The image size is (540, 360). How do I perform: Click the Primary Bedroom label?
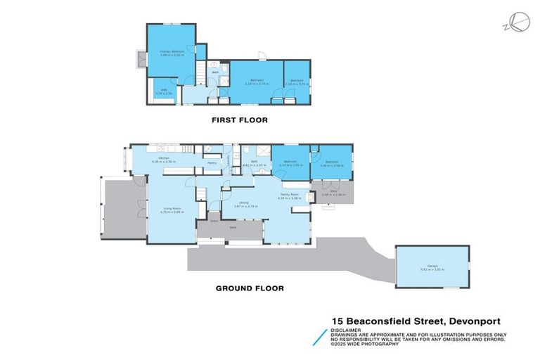(x=170, y=52)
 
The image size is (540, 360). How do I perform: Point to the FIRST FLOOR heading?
(x=240, y=120)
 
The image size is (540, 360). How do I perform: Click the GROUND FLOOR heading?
(x=249, y=288)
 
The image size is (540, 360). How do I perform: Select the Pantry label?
(x=212, y=162)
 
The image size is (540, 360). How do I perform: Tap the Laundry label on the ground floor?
(x=229, y=165)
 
